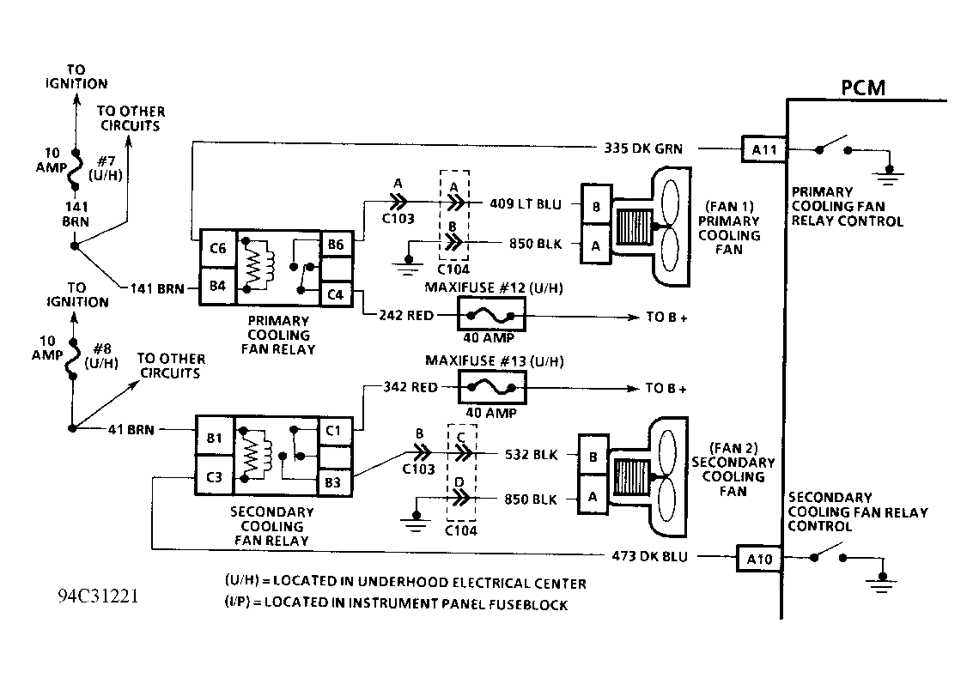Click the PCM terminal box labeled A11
tap(763, 149)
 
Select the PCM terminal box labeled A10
tap(759, 559)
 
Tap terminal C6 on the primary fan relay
tap(218, 248)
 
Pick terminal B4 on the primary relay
tap(218, 287)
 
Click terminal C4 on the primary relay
tap(336, 294)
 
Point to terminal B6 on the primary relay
tap(336, 244)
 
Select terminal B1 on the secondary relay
tap(214, 437)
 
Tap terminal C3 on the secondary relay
tap(214, 477)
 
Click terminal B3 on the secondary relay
tap(334, 482)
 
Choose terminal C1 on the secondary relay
tap(334, 431)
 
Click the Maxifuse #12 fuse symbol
tap(491, 314)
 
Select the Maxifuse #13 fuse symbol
tap(492, 388)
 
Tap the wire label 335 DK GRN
tap(643, 148)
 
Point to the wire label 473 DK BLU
tap(649, 556)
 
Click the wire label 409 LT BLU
tap(525, 203)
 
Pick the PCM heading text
tap(863, 88)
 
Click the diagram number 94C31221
tap(98, 596)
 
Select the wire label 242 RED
tap(406, 315)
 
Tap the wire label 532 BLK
tap(531, 454)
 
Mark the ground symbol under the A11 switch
tap(889, 176)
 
